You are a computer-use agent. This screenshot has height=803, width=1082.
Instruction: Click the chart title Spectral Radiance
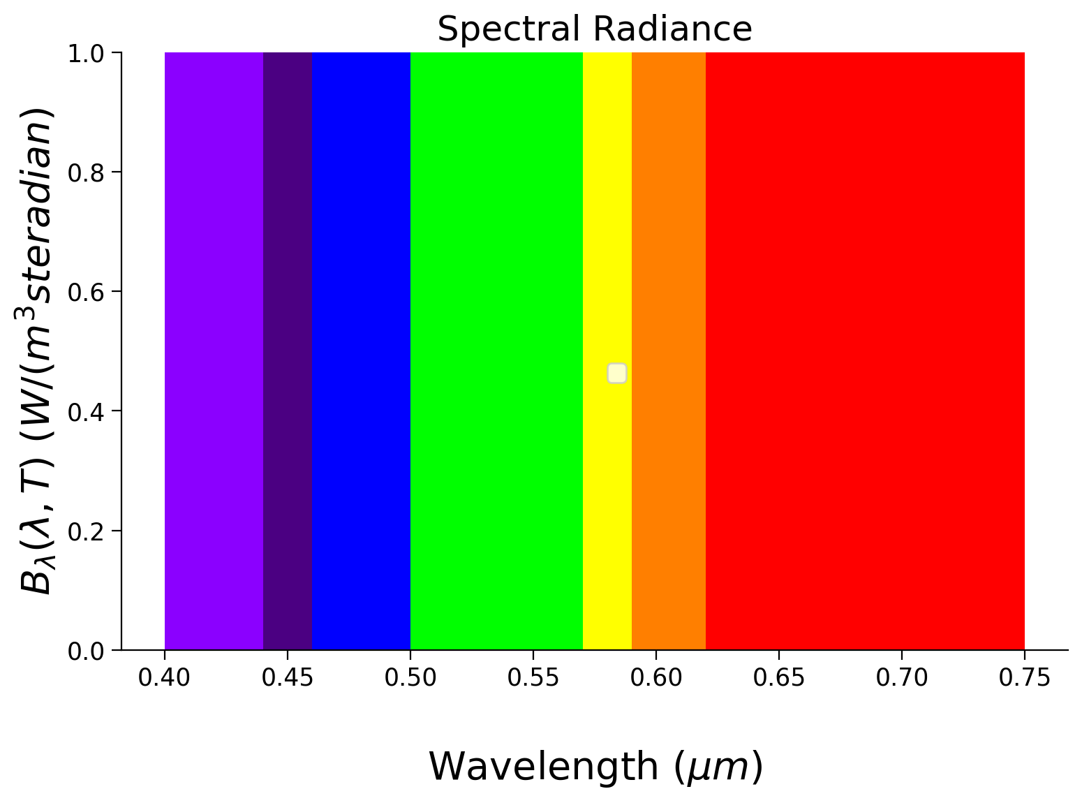[x=594, y=29]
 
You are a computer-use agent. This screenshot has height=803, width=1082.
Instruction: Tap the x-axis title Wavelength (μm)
[x=595, y=767]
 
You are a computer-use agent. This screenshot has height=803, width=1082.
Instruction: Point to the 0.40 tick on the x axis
[x=164, y=677]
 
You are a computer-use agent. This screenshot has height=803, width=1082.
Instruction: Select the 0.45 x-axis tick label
[x=287, y=677]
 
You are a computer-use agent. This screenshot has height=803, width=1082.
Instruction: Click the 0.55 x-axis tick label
[x=533, y=677]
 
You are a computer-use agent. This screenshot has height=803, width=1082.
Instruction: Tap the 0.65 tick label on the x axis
[x=778, y=677]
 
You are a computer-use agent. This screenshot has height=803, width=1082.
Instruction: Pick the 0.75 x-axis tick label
[x=1024, y=677]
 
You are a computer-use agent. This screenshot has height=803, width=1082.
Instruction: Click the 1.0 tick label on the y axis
[x=86, y=54]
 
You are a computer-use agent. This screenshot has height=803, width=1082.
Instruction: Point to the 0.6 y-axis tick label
[x=86, y=292]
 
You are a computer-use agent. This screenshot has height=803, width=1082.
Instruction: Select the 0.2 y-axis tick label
[x=86, y=531]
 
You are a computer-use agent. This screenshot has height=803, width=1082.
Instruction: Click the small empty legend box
[x=616, y=374]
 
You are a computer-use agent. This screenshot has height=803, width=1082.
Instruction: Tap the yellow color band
[x=607, y=209]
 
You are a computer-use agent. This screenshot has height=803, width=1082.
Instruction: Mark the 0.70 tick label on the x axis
[x=901, y=677]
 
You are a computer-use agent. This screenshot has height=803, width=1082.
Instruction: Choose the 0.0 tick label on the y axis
[x=86, y=651]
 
